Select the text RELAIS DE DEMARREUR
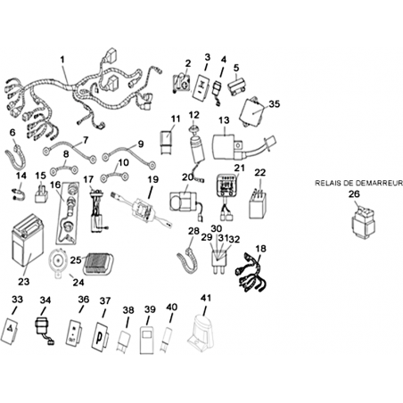pyautogui.click(x=358, y=183)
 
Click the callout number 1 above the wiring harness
pyautogui.click(x=62, y=60)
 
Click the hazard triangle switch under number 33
pyautogui.click(x=11, y=332)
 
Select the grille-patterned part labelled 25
pyautogui.click(x=97, y=263)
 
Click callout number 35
pyautogui.click(x=275, y=104)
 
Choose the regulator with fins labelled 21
pyautogui.click(x=228, y=185)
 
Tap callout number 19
pyautogui.click(x=153, y=179)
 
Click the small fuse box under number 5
pyautogui.click(x=238, y=86)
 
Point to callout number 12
pyautogui.click(x=194, y=115)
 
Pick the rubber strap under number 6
pyautogui.click(x=15, y=157)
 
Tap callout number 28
pyautogui.click(x=193, y=231)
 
